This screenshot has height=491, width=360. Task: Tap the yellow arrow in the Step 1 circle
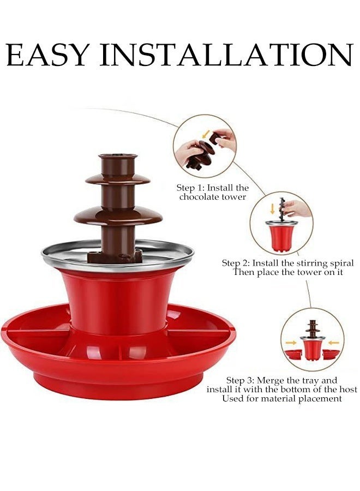tap(206, 135)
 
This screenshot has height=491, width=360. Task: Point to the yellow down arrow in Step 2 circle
tap(272, 208)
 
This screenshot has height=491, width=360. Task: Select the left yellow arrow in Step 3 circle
tap(291, 343)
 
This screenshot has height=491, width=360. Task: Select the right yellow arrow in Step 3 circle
tap(334, 343)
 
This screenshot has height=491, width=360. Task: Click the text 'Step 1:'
tap(190, 188)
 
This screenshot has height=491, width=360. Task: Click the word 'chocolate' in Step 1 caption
tap(200, 197)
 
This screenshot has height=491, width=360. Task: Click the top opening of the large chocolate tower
tap(118, 155)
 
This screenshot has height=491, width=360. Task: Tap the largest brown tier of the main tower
tap(118, 215)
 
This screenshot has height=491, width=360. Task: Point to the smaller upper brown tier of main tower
tap(118, 179)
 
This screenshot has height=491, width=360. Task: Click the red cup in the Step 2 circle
tap(281, 236)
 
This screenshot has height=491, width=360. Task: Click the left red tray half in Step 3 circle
tap(292, 355)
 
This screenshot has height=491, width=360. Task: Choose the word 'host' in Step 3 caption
tap(348, 390)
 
